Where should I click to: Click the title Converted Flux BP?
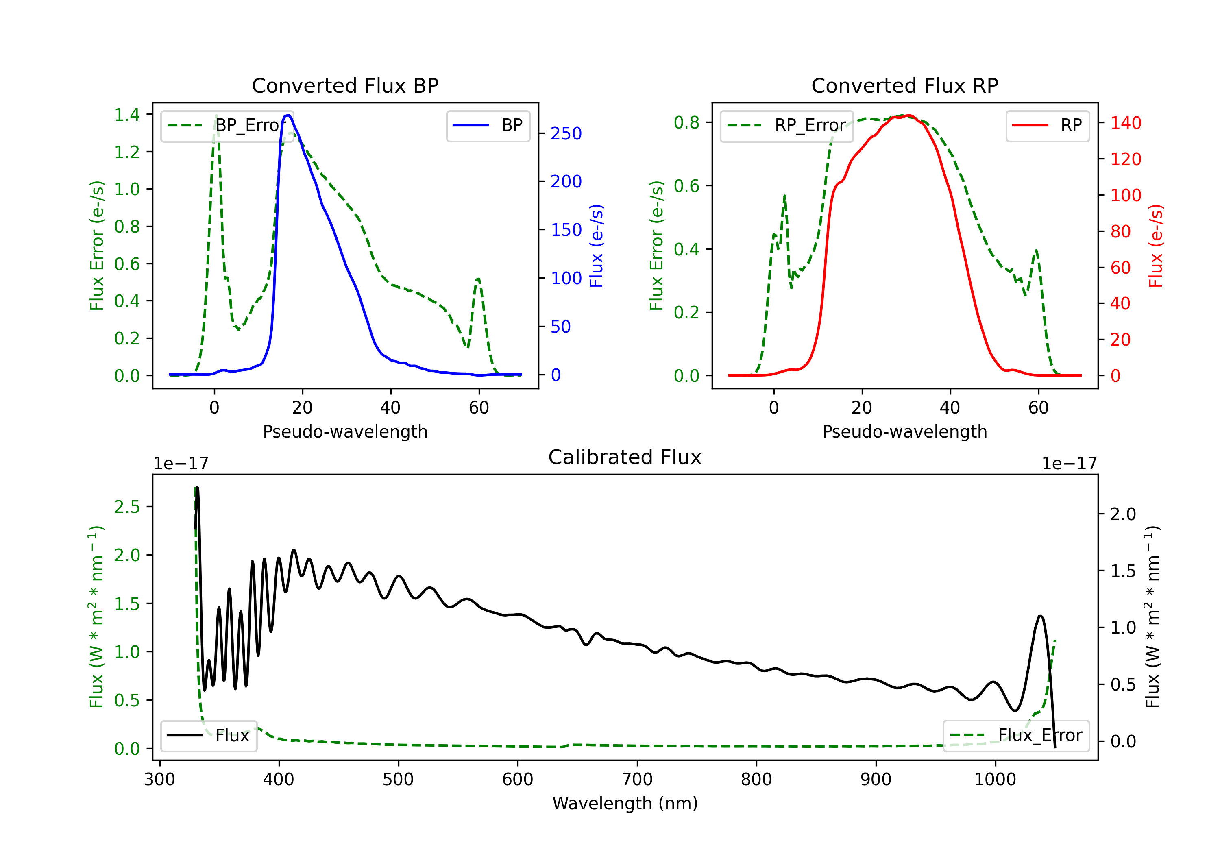pyautogui.click(x=345, y=85)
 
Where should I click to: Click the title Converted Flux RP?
pyautogui.click(x=905, y=85)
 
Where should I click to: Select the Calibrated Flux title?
pyautogui.click(x=625, y=457)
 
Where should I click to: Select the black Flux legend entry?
pyautogui.click(x=209, y=736)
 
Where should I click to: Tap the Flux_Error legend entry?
pyautogui.click(x=1016, y=736)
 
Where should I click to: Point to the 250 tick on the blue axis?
pyautogui.click(x=566, y=133)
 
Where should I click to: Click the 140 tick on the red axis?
pyautogui.click(x=1125, y=123)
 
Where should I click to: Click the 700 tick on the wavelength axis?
pyautogui.click(x=637, y=779)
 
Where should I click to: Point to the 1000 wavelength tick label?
pyautogui.click(x=995, y=779)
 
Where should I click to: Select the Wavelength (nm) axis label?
pyautogui.click(x=625, y=804)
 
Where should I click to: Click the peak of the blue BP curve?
pyautogui.click(x=288, y=115)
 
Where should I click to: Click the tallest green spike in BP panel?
pyautogui.click(x=216, y=115)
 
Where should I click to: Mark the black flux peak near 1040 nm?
pyautogui.click(x=1040, y=617)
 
